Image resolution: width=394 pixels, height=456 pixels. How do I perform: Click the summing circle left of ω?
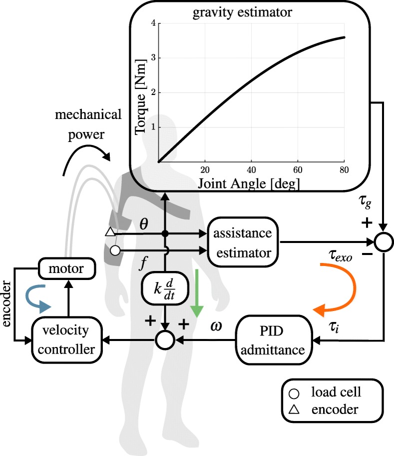tap(164, 341)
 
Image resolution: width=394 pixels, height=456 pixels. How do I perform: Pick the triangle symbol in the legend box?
tap(294, 410)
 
